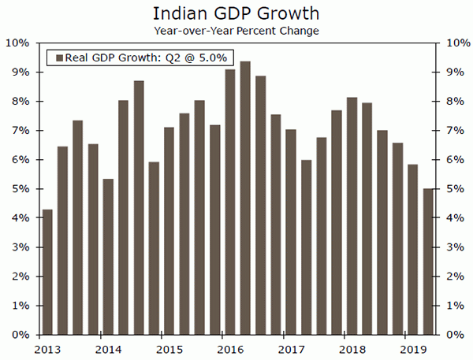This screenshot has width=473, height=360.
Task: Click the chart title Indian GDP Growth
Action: [236, 14]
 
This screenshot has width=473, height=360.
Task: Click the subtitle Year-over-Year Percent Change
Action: [236, 32]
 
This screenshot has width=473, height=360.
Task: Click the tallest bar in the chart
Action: [245, 197]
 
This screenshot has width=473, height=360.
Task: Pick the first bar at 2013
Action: [47, 272]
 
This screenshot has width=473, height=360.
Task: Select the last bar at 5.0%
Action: [428, 261]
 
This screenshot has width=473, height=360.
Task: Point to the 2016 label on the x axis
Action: [229, 348]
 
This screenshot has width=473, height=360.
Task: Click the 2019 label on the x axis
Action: [412, 348]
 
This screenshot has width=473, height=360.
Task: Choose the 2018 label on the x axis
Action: [352, 348]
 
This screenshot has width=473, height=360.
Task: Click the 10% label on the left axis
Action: [18, 43]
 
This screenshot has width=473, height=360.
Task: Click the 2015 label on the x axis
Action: [169, 348]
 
